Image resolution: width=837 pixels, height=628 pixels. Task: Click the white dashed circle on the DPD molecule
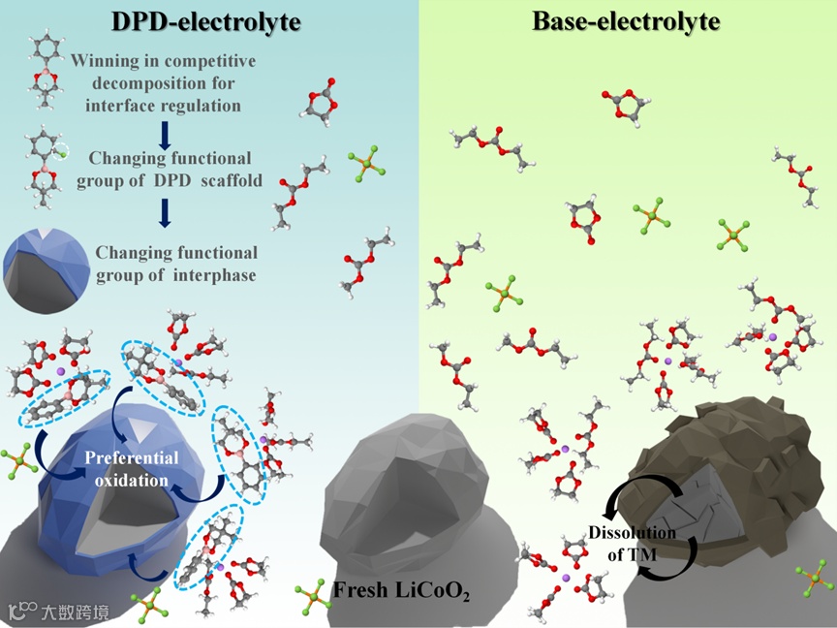pyautogui.click(x=61, y=150)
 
